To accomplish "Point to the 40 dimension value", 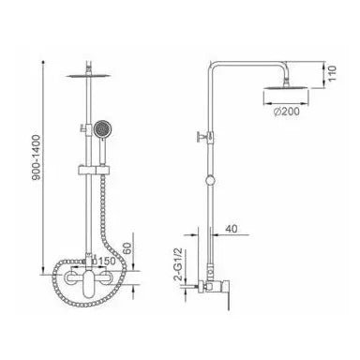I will [x=243, y=228].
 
